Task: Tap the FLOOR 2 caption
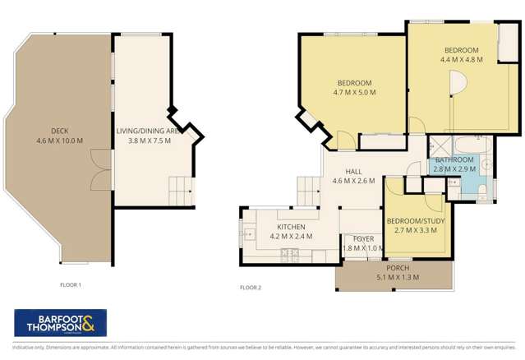[x=250, y=288]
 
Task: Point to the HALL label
[x=353, y=171]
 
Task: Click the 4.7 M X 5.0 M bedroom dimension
[x=354, y=93]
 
